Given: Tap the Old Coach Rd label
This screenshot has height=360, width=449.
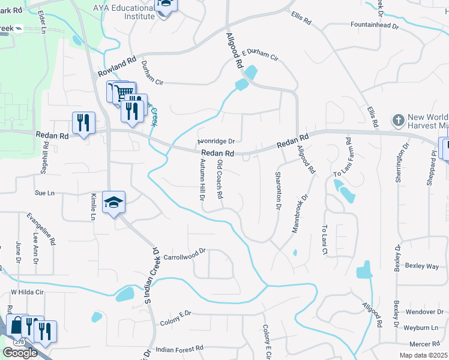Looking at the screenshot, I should tap(220, 179).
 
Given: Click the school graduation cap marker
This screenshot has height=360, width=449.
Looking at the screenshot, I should tap(113, 203).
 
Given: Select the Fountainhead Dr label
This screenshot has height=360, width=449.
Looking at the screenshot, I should tap(375, 25).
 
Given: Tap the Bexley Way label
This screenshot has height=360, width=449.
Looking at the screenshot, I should tap(422, 265).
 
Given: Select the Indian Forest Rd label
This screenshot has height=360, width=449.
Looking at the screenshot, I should tap(180, 348).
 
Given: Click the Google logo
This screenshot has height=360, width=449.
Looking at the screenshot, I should tap(20, 352).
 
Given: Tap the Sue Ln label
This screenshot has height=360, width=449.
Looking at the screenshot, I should tap(44, 193).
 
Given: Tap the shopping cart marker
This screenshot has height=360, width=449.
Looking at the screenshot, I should tap(124, 92).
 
